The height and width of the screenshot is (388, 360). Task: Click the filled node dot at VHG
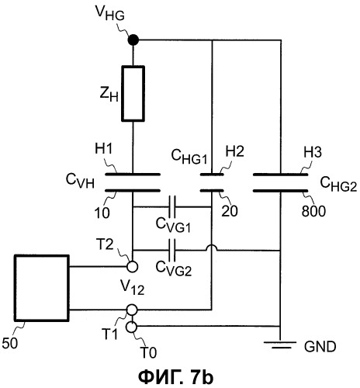(x=133, y=40)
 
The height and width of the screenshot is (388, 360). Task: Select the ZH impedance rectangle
(x=133, y=93)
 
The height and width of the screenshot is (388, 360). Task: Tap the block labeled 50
(x=42, y=288)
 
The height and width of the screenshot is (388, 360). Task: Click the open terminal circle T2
(x=133, y=267)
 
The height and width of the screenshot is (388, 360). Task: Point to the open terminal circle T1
(x=132, y=310)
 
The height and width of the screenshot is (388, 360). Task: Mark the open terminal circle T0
(x=131, y=327)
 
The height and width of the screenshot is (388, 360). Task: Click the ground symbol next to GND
(x=280, y=345)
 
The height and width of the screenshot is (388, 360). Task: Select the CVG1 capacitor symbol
(x=172, y=207)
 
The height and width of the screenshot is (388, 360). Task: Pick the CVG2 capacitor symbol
(x=172, y=250)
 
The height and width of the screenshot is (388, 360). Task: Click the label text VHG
(x=110, y=13)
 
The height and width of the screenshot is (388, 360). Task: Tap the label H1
(x=103, y=150)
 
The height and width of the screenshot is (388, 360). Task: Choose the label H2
(x=235, y=151)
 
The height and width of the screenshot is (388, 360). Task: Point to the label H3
(x=313, y=152)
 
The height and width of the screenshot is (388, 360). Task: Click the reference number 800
(x=313, y=211)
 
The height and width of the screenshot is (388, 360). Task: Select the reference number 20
(x=230, y=211)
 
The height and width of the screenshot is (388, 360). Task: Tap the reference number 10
(x=102, y=213)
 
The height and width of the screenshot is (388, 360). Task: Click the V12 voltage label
(x=132, y=287)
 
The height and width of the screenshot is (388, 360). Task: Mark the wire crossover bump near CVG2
(x=212, y=247)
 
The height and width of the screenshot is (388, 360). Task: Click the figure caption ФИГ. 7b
(x=176, y=377)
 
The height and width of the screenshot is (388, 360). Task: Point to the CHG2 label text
(x=338, y=183)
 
